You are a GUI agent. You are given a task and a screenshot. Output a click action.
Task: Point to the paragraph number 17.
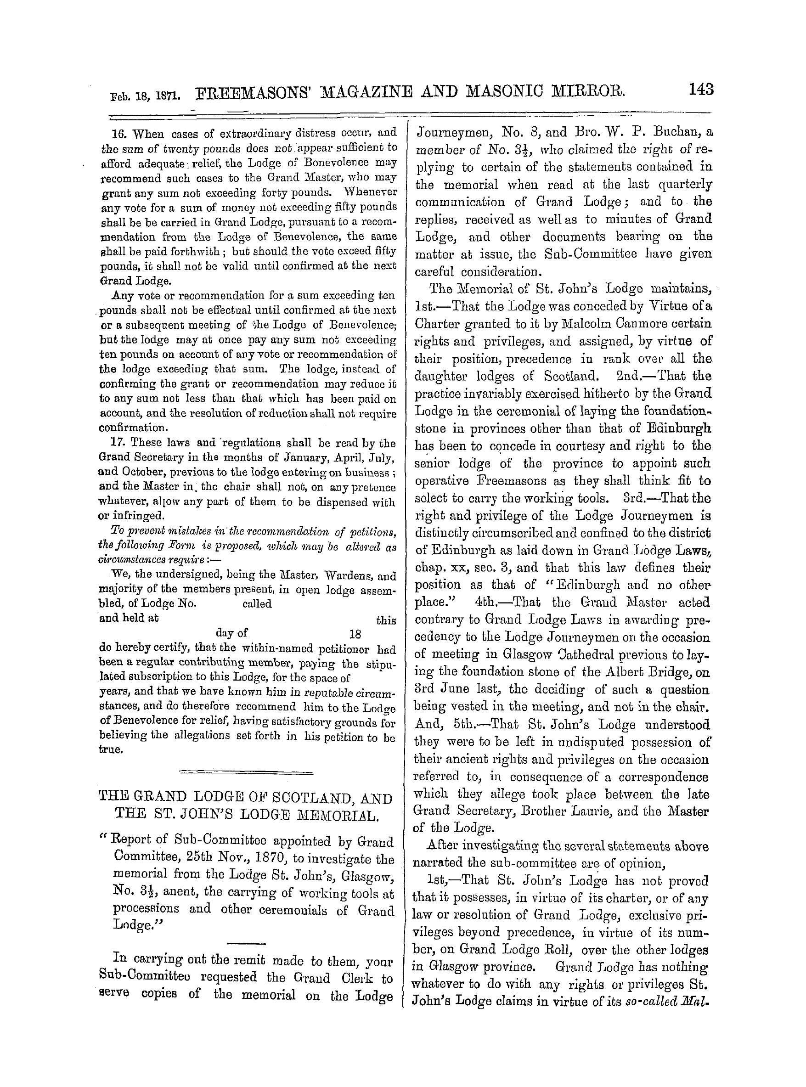[119, 443]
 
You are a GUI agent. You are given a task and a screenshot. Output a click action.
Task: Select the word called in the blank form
[257, 604]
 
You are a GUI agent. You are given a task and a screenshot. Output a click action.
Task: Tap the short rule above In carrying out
[246, 943]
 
